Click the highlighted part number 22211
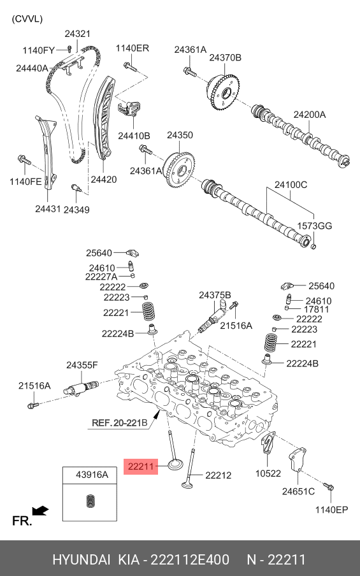140,466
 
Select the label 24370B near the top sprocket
225,58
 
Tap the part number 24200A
309,115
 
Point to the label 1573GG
315,226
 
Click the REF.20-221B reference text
119,423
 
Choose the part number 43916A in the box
92,475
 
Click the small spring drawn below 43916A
90,501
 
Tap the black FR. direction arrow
40,510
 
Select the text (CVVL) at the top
27,18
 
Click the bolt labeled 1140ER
130,67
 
